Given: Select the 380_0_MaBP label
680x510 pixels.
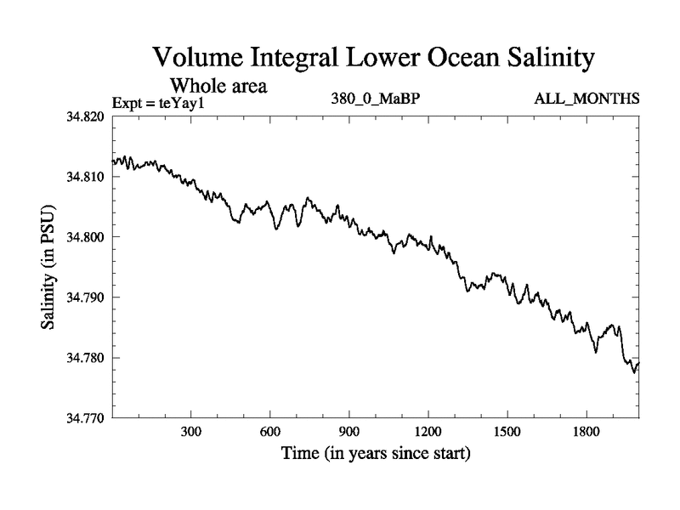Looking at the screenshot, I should point(376,99).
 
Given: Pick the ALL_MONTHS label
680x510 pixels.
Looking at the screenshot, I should point(586,99).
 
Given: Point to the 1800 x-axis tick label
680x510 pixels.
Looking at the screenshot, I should point(586,432).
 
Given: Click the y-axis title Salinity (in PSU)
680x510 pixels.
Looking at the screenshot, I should point(49,268).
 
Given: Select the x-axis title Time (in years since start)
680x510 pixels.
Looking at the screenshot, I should point(376,454).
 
